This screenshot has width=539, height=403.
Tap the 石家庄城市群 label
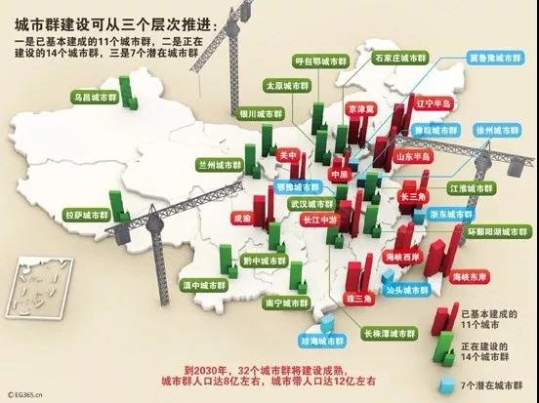(399, 60)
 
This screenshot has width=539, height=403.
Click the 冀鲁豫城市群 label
(495, 58)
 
